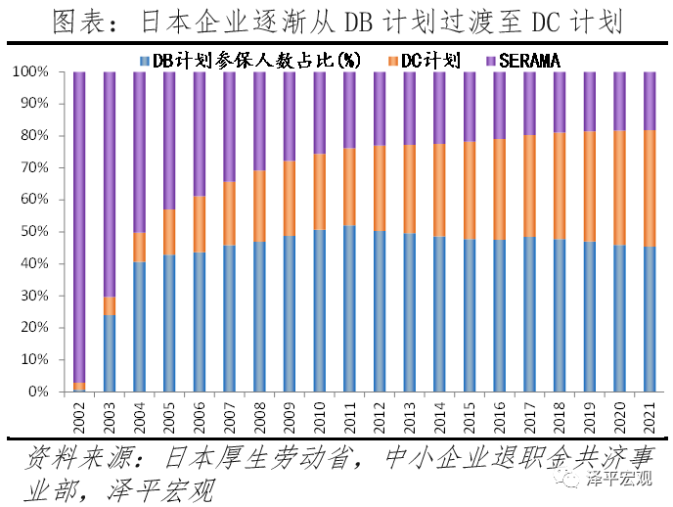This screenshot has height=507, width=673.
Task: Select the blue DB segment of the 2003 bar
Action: coord(110,352)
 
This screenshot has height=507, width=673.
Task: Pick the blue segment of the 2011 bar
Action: coord(349,308)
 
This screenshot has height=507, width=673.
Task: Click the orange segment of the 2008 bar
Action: coord(259,206)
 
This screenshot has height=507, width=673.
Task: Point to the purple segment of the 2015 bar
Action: coord(470,108)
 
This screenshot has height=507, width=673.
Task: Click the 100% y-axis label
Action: coord(40,72)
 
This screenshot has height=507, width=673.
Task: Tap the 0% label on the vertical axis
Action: coord(48,392)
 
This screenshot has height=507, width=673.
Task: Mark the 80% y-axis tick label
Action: coord(45,136)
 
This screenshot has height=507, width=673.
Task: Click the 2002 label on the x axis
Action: coord(79,415)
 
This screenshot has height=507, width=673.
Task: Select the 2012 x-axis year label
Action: coord(380,415)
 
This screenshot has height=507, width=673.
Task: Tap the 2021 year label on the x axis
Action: coord(650,415)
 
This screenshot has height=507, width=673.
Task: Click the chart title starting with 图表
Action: coord(336,22)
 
